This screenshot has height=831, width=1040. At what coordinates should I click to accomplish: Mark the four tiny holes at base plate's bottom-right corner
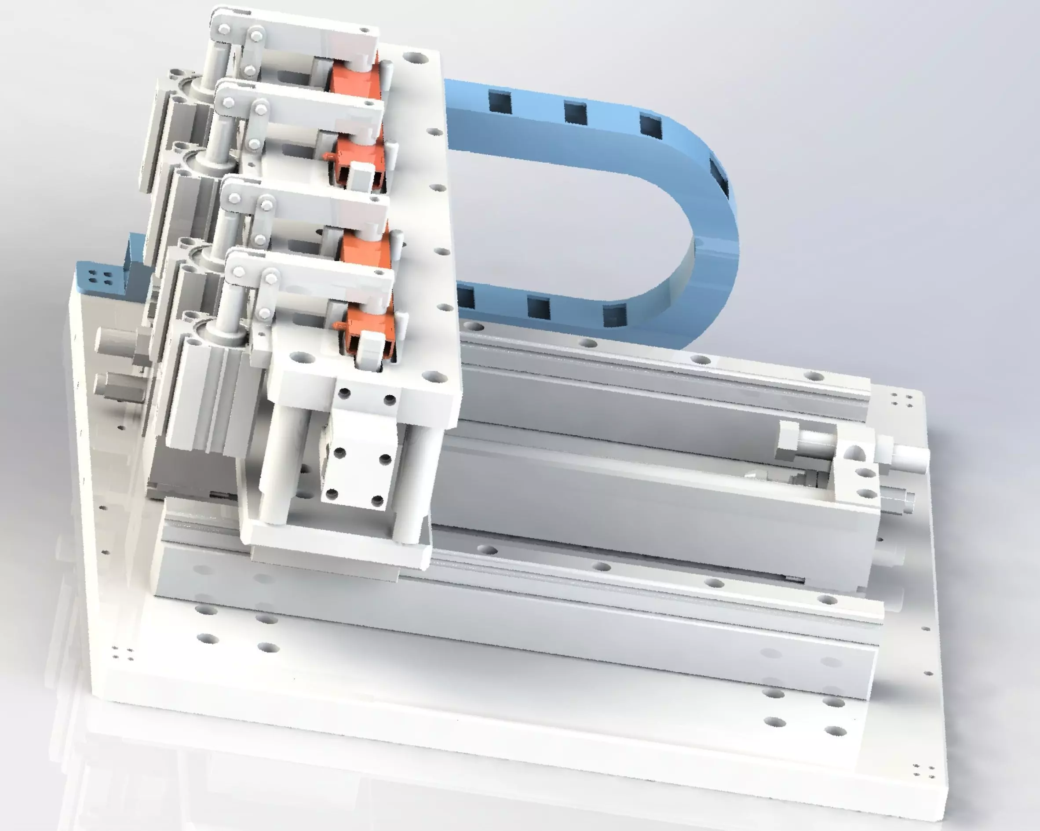coord(923,772)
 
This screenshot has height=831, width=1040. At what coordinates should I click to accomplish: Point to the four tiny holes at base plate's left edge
coord(123,653)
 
